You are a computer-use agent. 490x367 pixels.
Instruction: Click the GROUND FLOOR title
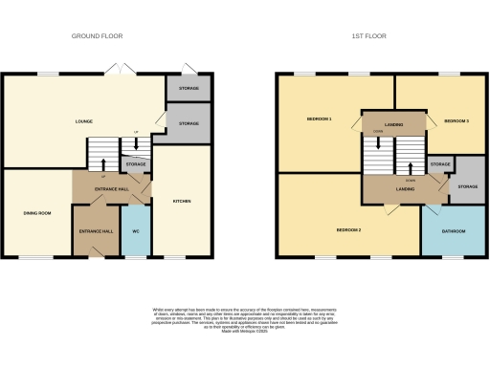pyautogui.click(x=98, y=36)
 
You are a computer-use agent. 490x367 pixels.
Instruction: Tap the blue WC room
pyautogui.click(x=135, y=232)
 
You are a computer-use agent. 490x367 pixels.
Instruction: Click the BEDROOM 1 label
pyautogui.click(x=319, y=119)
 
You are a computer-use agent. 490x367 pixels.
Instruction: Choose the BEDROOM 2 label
pyautogui.click(x=347, y=231)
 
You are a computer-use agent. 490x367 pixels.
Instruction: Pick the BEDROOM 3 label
pyautogui.click(x=455, y=119)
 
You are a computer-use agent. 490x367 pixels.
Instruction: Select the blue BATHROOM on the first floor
pyautogui.click(x=454, y=232)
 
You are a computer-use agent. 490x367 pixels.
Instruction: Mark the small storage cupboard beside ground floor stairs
pyautogui.click(x=136, y=165)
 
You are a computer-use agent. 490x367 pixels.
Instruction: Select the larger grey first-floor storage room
pyautogui.click(x=467, y=186)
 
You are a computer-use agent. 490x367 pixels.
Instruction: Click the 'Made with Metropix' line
pyautogui.click(x=244, y=328)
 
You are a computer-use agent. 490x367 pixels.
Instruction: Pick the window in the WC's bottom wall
pyautogui.click(x=135, y=257)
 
